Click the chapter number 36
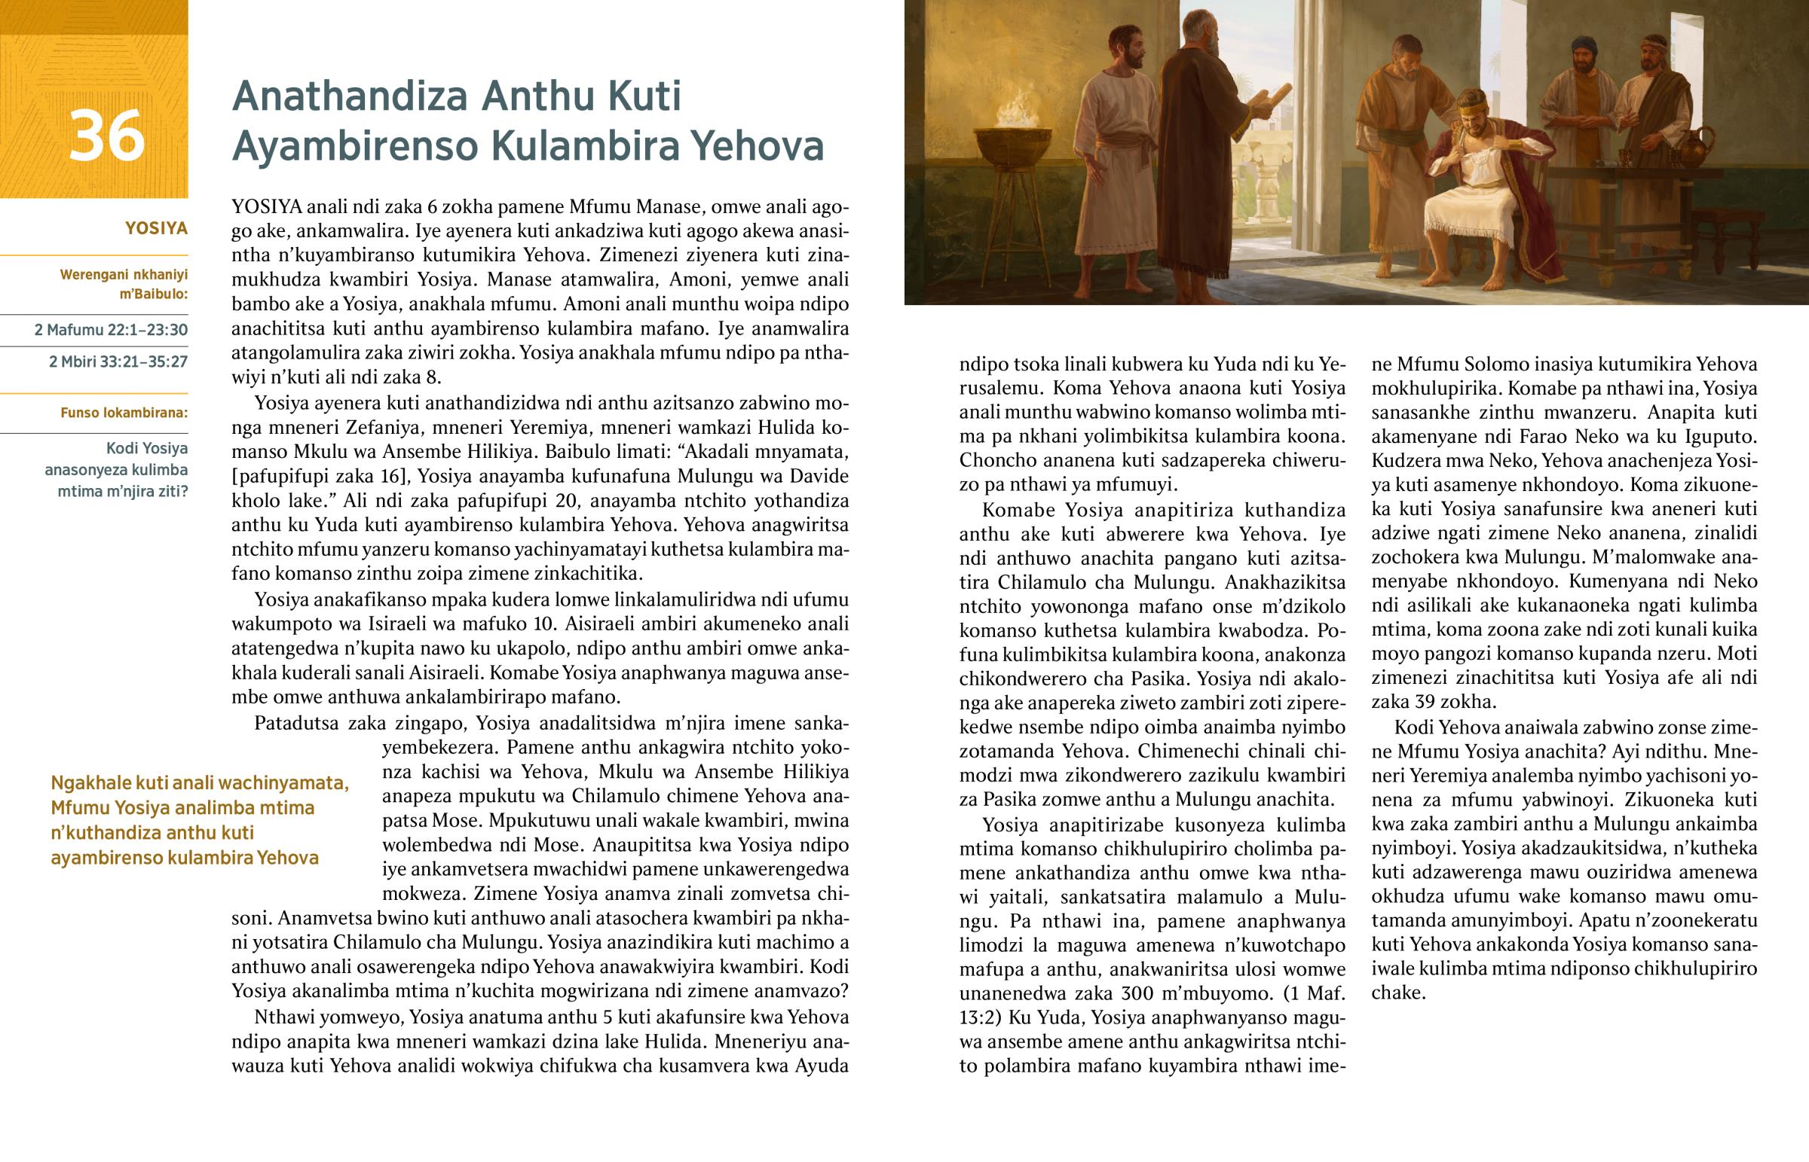point(106,136)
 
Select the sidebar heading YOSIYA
point(156,228)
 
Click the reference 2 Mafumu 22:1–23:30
point(111,330)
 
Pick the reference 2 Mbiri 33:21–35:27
point(118,361)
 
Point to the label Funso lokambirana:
point(124,413)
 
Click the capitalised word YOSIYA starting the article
point(267,207)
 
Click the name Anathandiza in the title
point(350,96)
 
